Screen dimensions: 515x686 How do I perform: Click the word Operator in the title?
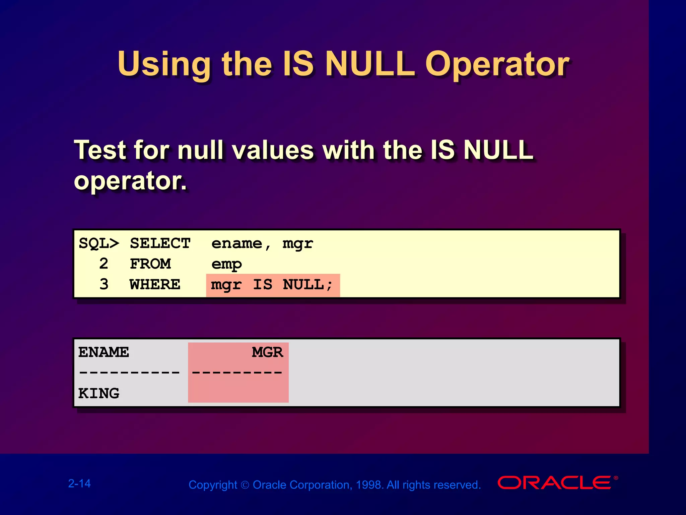pos(497,64)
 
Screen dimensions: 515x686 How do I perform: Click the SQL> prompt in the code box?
pos(99,243)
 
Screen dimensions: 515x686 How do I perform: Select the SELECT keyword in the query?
pos(160,243)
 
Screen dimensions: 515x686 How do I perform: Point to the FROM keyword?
pos(150,264)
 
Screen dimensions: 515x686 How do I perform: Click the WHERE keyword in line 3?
pos(155,285)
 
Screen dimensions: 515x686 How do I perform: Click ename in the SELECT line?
pos(236,243)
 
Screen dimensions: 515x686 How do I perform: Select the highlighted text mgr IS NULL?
pos(272,285)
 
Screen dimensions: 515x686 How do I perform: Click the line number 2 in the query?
pos(104,264)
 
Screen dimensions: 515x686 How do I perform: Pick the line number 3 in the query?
pos(104,285)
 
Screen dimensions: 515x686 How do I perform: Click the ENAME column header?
pos(104,352)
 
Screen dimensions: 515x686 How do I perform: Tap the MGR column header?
pos(267,352)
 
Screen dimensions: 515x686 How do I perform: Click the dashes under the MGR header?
pos(237,373)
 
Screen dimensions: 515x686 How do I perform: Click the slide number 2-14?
pos(79,483)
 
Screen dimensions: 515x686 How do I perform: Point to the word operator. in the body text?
pos(130,181)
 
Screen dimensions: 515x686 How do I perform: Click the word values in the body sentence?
pos(273,150)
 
